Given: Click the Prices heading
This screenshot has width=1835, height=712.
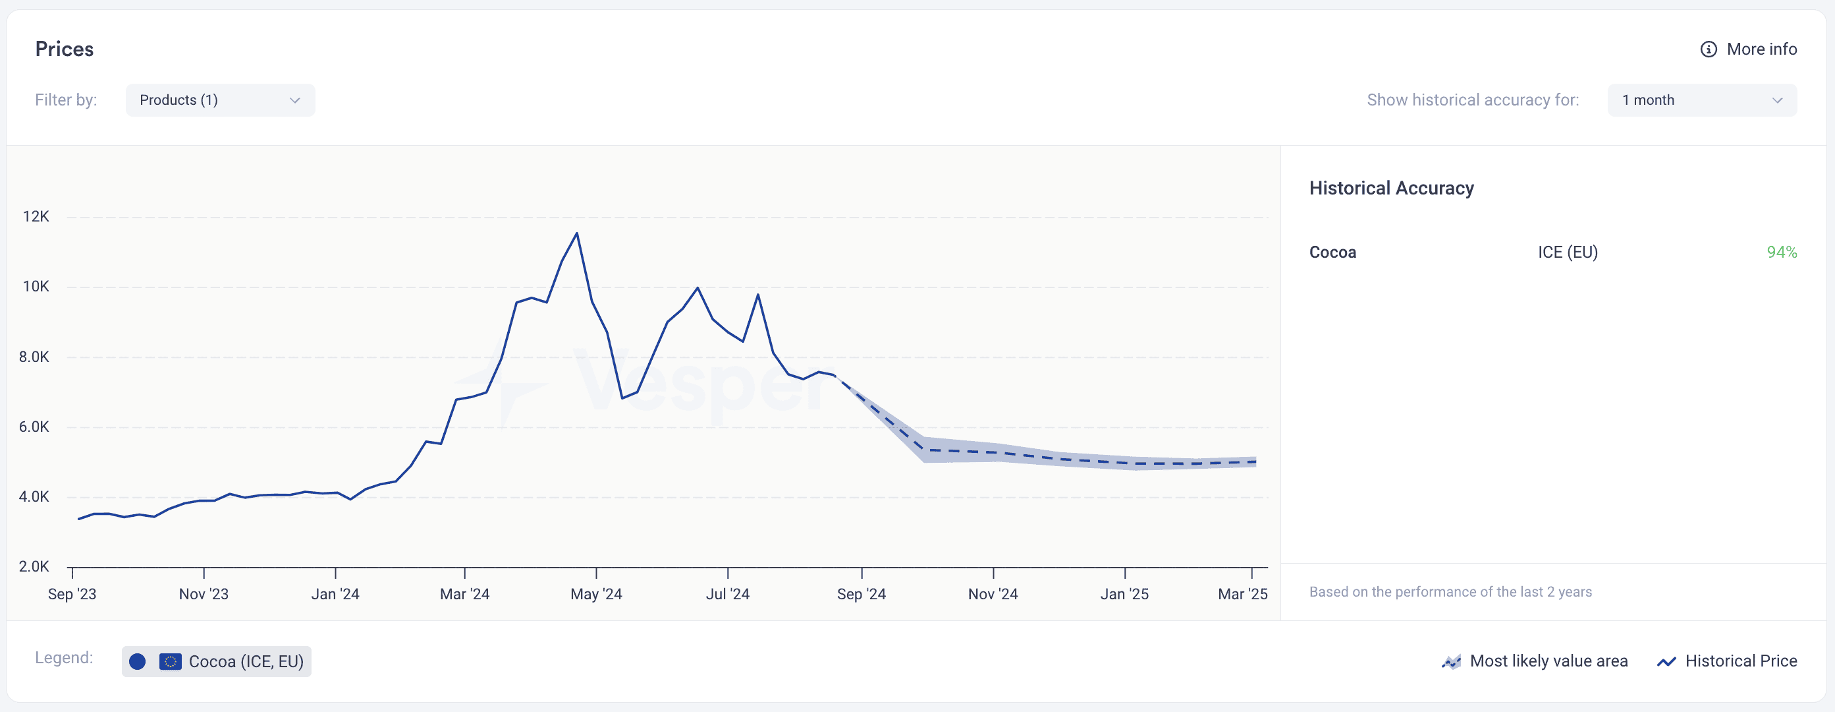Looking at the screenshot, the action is point(64,49).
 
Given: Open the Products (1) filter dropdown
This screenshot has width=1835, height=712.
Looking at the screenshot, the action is point(220,100).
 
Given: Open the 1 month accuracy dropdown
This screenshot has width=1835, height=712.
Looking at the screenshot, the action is point(1702,100).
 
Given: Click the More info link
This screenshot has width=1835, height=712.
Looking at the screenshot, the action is point(1762,49).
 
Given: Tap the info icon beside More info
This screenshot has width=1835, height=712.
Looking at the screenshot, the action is point(1708,49).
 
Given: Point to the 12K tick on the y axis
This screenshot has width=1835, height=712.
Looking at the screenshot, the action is point(36,217).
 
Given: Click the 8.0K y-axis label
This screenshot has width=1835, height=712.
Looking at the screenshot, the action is point(34,357).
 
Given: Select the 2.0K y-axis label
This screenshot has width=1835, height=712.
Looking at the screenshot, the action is point(34,566).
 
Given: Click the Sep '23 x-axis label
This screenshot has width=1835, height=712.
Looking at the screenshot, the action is point(72,595).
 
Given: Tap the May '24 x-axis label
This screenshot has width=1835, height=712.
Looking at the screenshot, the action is point(596,595).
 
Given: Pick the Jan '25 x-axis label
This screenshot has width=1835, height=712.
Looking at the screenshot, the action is point(1124,595).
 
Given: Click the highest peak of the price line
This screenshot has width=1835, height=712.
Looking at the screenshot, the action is point(577,233).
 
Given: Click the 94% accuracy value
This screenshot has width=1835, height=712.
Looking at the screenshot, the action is point(1782,252).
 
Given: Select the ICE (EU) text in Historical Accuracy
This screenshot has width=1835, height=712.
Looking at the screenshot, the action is point(1567,252).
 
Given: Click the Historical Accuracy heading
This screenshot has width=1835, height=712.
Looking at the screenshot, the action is point(1391,188).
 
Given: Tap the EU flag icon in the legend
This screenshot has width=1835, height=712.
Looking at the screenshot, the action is point(170,662).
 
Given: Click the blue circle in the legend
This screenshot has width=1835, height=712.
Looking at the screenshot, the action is point(138,662).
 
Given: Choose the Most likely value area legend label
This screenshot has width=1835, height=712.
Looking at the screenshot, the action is point(1548,661).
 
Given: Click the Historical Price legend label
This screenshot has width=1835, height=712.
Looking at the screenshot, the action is point(1741,661).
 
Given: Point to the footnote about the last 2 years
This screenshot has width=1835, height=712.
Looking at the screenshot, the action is point(1450,592).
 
